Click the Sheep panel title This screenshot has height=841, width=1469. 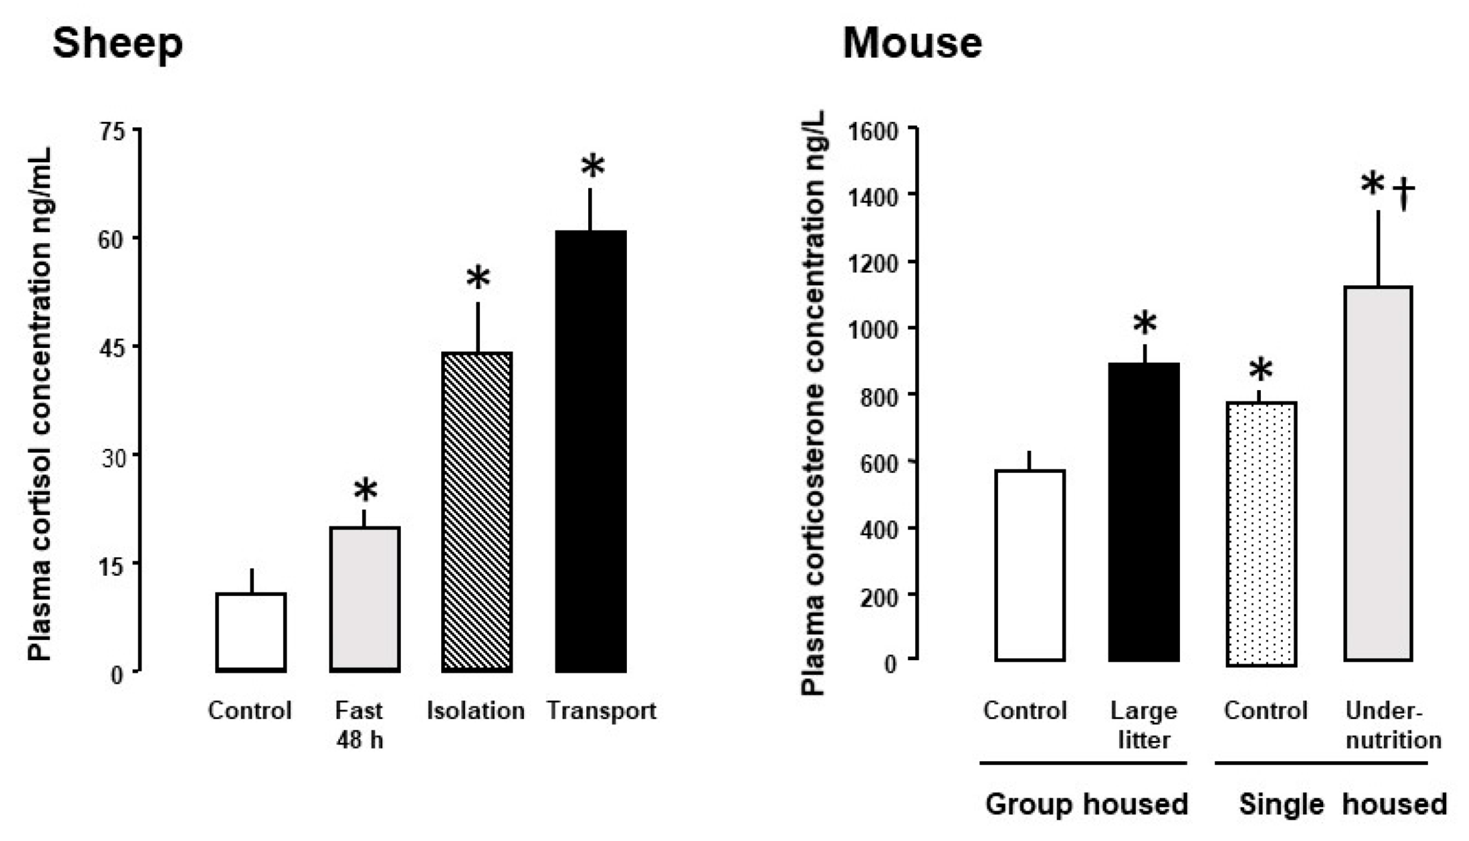click(x=118, y=44)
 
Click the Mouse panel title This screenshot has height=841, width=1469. click(x=912, y=44)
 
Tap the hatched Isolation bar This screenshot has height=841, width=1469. click(x=477, y=511)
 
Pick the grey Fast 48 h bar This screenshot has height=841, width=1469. click(x=364, y=599)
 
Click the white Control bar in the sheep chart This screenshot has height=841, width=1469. click(x=252, y=632)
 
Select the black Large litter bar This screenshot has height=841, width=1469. click(x=1144, y=511)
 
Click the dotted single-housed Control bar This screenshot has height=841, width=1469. click(x=1261, y=534)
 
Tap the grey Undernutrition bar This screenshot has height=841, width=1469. click(x=1378, y=474)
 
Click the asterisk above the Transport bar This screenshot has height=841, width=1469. click(x=593, y=166)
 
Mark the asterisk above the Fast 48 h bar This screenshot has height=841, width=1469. click(x=365, y=491)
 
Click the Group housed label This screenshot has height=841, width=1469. click(x=1086, y=803)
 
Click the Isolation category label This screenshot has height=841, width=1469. click(x=475, y=711)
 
